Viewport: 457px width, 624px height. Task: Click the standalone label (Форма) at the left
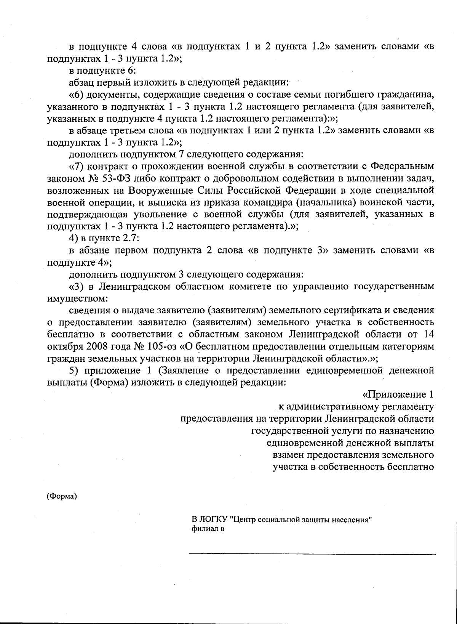[x=62, y=496]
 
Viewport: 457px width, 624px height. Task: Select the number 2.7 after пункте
[x=132, y=239]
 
